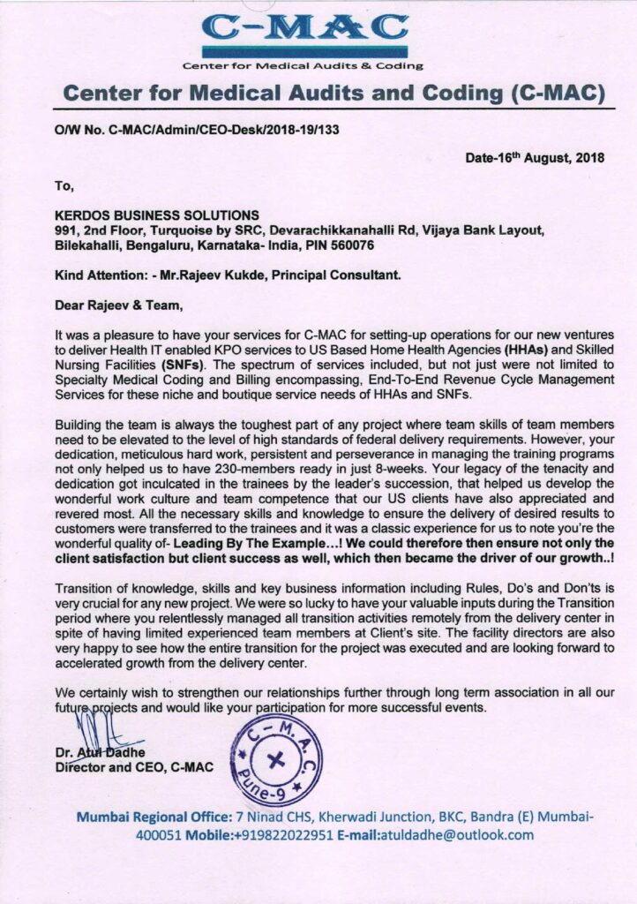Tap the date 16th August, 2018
click(x=535, y=158)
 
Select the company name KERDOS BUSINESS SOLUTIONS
click(x=157, y=215)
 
